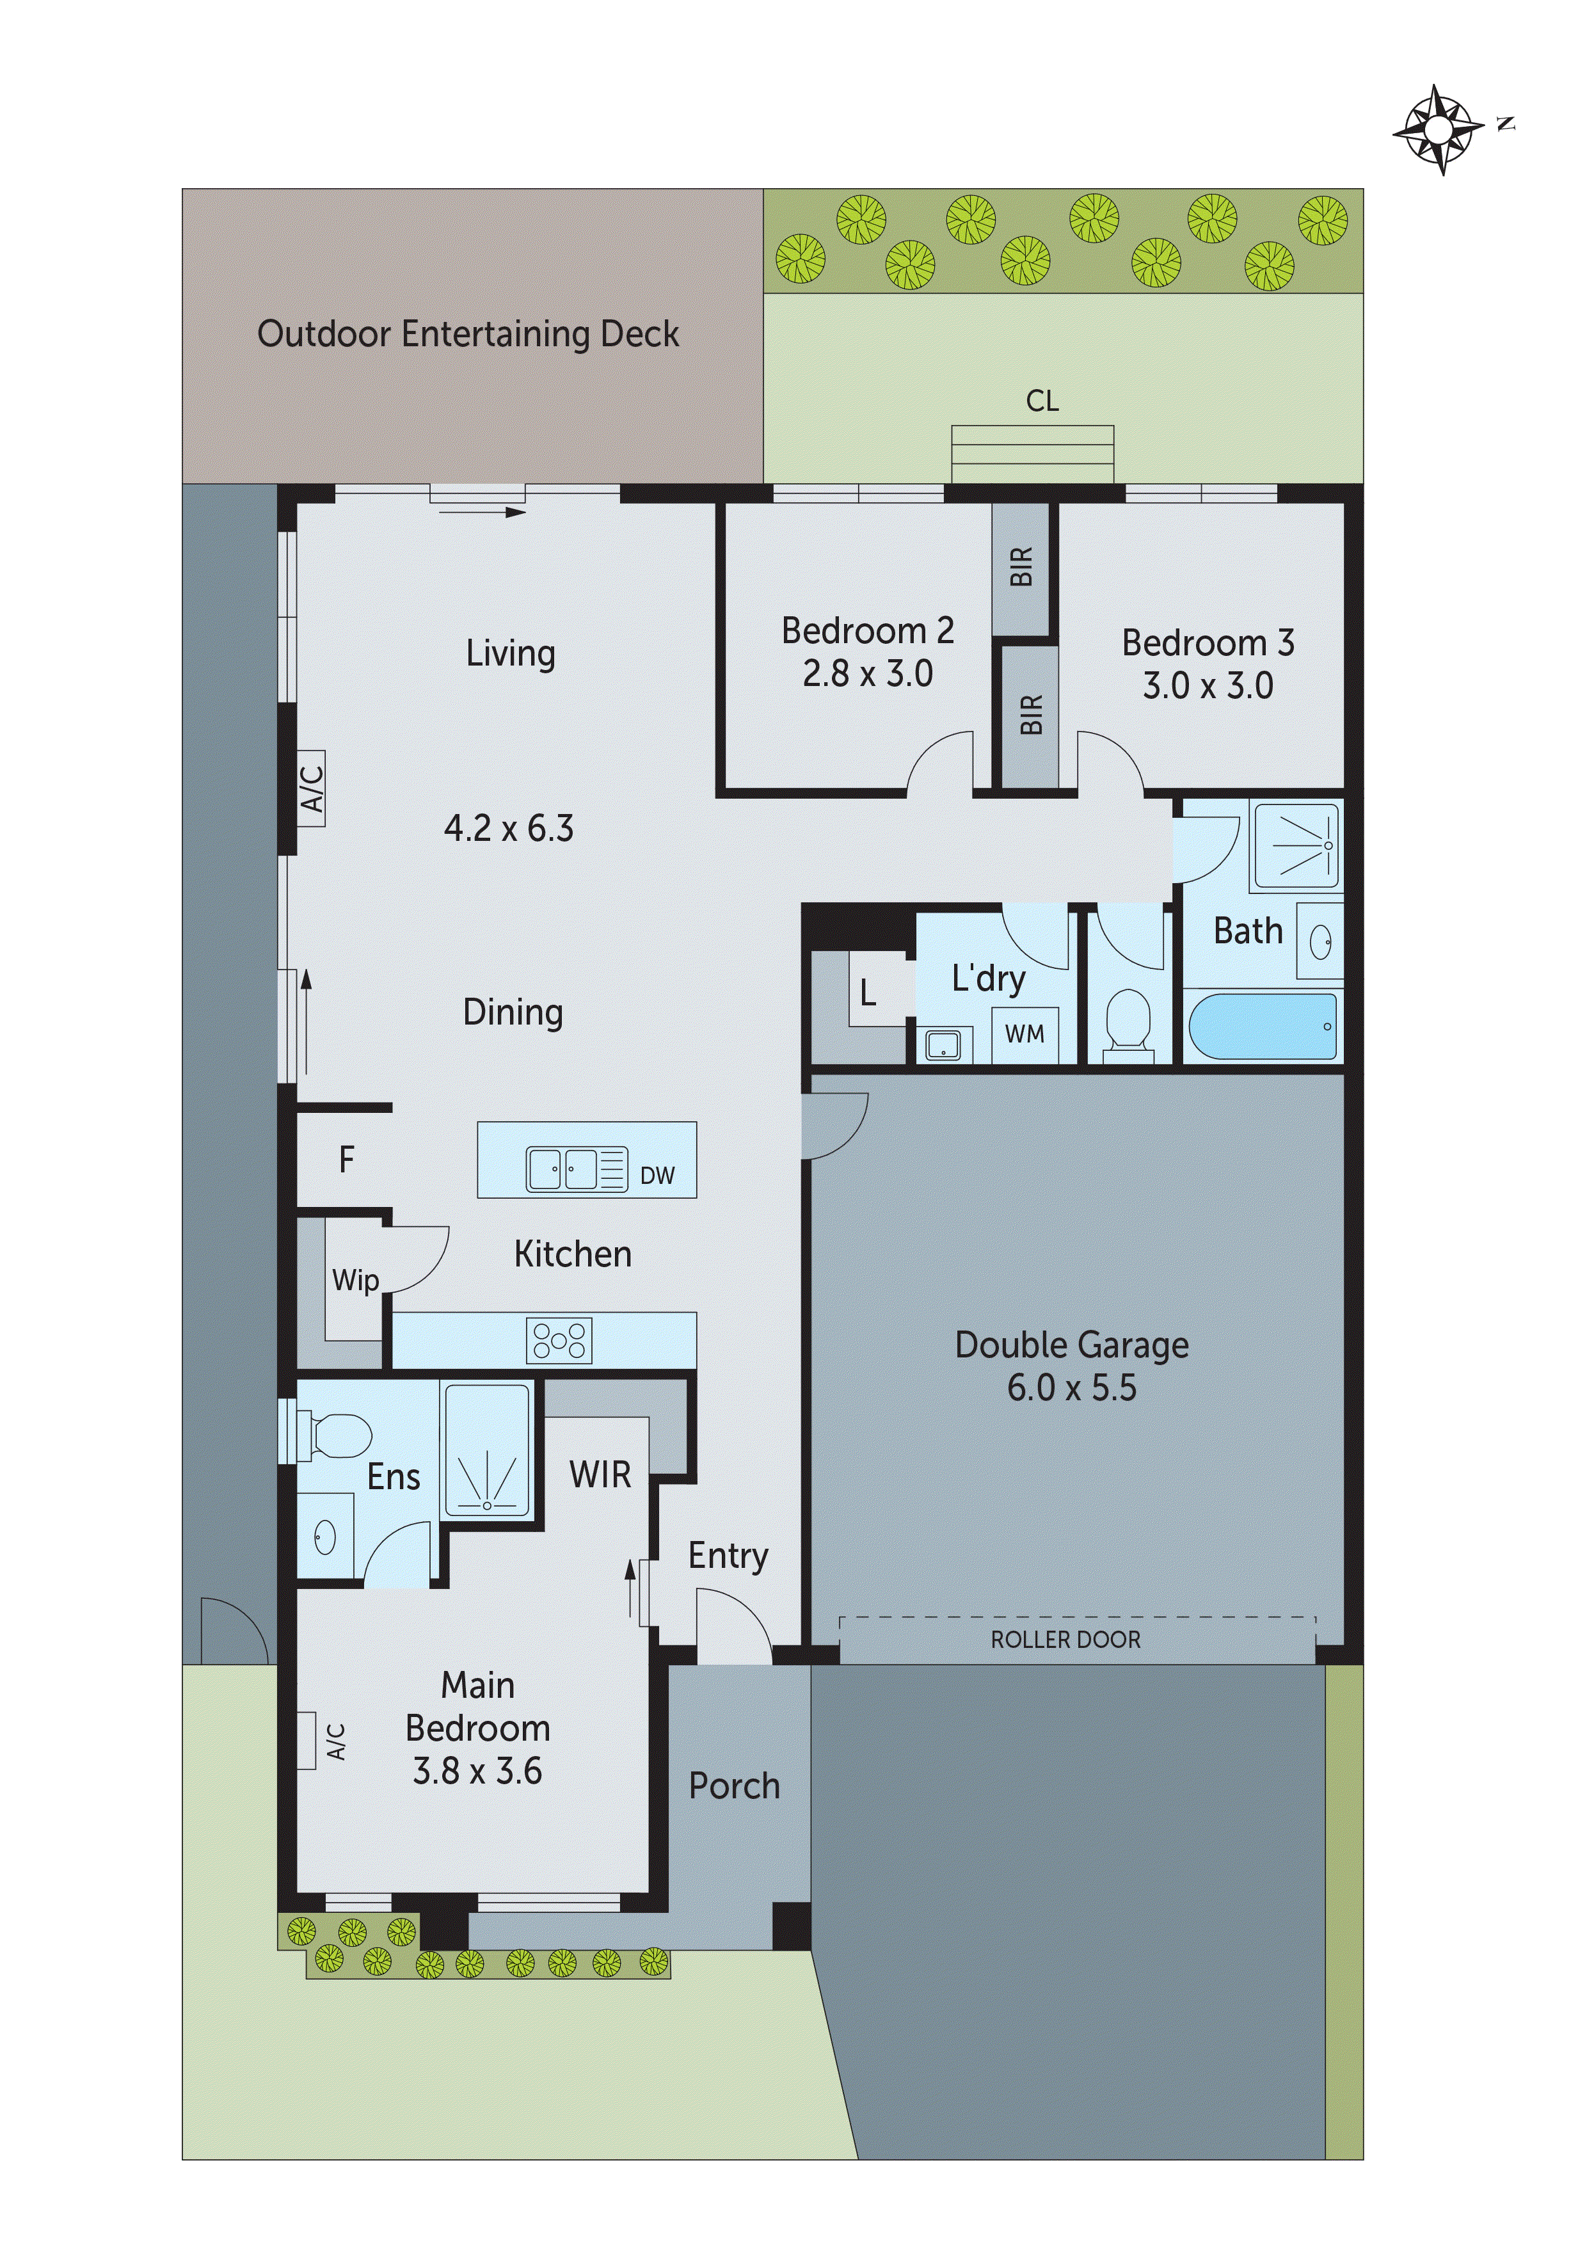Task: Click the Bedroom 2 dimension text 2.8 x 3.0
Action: point(867,674)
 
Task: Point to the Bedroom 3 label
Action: point(1208,643)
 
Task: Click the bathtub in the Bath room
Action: point(1261,1027)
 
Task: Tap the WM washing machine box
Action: point(1024,1034)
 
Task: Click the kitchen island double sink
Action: point(564,1169)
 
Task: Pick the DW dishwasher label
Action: point(657,1176)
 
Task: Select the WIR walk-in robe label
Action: point(600,1474)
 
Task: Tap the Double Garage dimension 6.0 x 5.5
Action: point(1072,1389)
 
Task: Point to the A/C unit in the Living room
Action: point(312,788)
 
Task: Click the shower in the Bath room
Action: point(1296,846)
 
